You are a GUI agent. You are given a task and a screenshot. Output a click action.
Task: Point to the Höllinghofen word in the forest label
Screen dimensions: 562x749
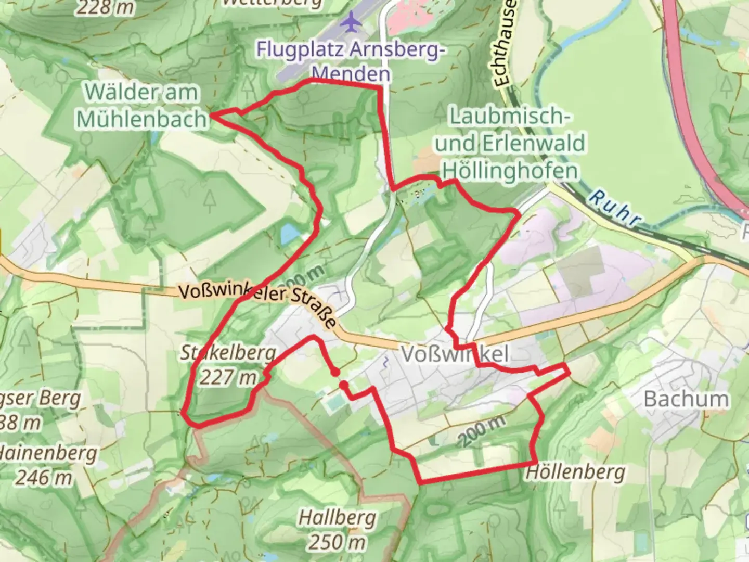click(x=511, y=170)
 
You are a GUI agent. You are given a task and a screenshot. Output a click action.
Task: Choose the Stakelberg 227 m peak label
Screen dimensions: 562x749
click(x=228, y=364)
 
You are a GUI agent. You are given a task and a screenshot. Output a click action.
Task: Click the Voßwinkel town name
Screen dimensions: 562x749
click(x=454, y=354)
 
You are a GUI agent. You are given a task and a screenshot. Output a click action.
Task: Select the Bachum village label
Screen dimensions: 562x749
click(x=686, y=399)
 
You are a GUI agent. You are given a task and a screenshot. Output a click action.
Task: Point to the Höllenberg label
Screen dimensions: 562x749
click(x=575, y=472)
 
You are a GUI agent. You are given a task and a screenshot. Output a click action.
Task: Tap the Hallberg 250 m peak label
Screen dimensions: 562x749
click(x=337, y=530)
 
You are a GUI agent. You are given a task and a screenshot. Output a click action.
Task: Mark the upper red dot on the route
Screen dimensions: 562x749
click(x=335, y=372)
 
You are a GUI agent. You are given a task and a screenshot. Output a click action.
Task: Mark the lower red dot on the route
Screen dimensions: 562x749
click(x=344, y=385)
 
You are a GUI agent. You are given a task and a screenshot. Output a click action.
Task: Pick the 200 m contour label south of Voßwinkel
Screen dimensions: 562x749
click(x=481, y=431)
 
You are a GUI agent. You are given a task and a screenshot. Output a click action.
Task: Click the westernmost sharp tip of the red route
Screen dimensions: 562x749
click(x=211, y=116)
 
